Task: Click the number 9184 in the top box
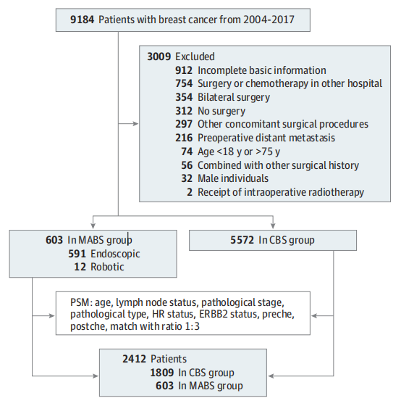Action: click(x=82, y=20)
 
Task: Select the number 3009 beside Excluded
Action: click(x=159, y=57)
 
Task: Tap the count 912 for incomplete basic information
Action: click(x=184, y=70)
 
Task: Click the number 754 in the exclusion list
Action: click(x=184, y=83)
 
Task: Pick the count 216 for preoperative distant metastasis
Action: click(x=184, y=138)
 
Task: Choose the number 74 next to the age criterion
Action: click(x=187, y=152)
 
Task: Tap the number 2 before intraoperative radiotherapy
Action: click(x=190, y=192)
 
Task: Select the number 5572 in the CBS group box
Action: click(x=242, y=240)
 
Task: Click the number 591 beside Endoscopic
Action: click(x=77, y=254)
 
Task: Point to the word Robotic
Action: click(x=107, y=267)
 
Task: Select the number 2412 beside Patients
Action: click(x=134, y=359)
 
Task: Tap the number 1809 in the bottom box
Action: click(x=162, y=373)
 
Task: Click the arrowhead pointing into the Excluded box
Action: click(x=136, y=124)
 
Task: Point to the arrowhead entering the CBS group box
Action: click(x=273, y=225)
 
